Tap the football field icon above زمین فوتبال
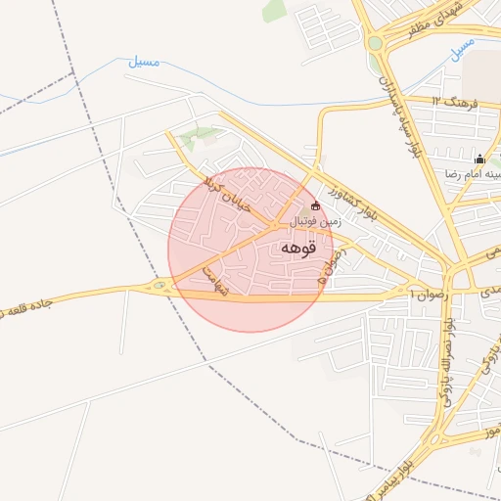(315, 206)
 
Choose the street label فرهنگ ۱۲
(449, 101)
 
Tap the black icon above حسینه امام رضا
(478, 159)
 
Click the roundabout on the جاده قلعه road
(159, 287)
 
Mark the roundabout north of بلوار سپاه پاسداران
(375, 43)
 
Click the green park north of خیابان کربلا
(200, 134)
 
